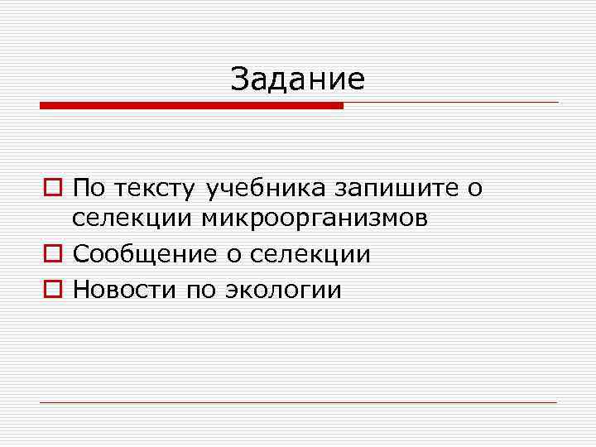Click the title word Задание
298,79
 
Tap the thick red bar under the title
191,106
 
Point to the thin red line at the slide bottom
299,402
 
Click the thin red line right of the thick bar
451,103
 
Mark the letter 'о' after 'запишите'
474,189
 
